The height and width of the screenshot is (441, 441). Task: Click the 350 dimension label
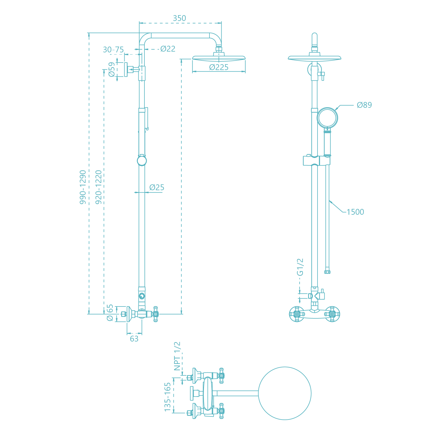click(179, 18)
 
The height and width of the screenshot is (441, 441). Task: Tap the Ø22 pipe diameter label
click(168, 49)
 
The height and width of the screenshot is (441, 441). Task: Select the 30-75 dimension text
click(113, 50)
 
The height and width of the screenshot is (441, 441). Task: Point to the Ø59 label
click(111, 69)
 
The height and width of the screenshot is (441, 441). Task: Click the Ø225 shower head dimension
click(219, 67)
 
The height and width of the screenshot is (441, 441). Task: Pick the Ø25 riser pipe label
click(157, 187)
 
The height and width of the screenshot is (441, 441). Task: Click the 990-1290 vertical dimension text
click(83, 187)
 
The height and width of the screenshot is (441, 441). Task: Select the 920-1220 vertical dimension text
click(98, 187)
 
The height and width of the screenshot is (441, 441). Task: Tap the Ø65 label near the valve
click(110, 313)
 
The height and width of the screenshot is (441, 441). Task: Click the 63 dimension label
click(134, 339)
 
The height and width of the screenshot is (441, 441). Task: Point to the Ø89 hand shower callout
click(364, 105)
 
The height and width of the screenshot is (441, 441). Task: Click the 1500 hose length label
click(355, 212)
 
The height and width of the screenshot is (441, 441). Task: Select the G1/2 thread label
click(300, 267)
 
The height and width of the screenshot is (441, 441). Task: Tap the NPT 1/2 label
click(177, 356)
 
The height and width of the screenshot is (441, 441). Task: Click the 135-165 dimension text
click(167, 397)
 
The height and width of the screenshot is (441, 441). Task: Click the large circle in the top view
click(285, 393)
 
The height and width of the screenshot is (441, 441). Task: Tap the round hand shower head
click(327, 118)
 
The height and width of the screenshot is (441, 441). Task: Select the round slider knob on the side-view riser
click(142, 161)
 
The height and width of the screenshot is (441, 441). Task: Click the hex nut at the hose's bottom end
click(327, 272)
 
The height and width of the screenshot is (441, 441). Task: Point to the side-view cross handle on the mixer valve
click(156, 314)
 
